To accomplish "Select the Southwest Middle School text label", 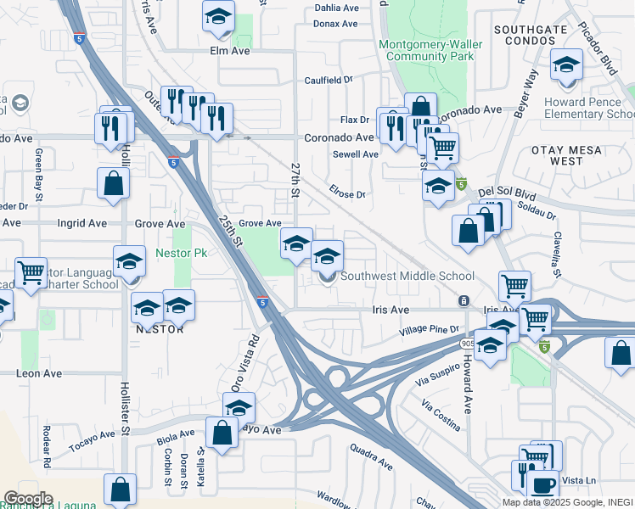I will point(407,276).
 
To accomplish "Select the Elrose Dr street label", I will point(349,194).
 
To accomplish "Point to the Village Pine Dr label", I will point(430,328).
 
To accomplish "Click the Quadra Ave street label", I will point(371,459).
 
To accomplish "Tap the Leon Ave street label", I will point(40,372).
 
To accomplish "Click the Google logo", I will point(27,499).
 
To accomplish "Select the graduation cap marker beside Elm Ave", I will point(219,17).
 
